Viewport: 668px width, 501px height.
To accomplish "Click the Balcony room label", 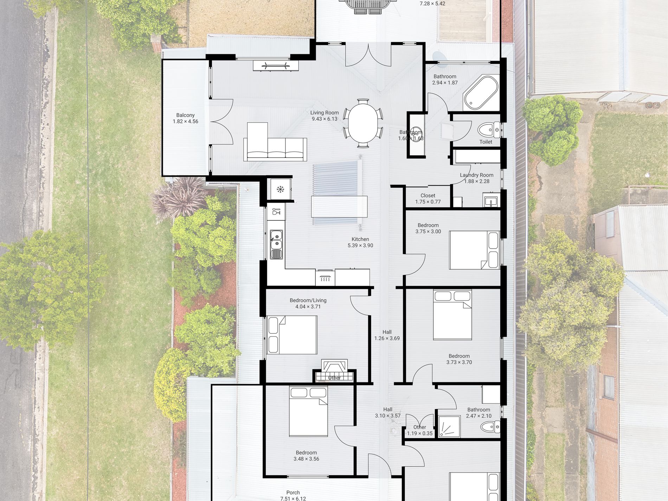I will point(185,118).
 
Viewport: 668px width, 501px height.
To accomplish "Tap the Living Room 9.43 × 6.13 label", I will point(324,116).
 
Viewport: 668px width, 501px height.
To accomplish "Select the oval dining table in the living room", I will point(363,123).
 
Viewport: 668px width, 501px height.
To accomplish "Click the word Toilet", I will point(486,142).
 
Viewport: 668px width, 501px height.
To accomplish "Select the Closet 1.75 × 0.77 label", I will point(428,199).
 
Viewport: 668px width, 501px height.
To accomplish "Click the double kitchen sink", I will point(276,244).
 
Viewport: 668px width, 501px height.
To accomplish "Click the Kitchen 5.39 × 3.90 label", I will point(360,242).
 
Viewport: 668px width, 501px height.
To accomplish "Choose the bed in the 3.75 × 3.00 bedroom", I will point(474,250).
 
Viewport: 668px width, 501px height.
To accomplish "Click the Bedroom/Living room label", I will point(308,303).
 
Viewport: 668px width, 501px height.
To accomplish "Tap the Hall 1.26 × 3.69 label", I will point(387,335).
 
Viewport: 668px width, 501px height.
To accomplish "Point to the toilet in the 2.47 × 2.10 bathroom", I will point(490,427).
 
